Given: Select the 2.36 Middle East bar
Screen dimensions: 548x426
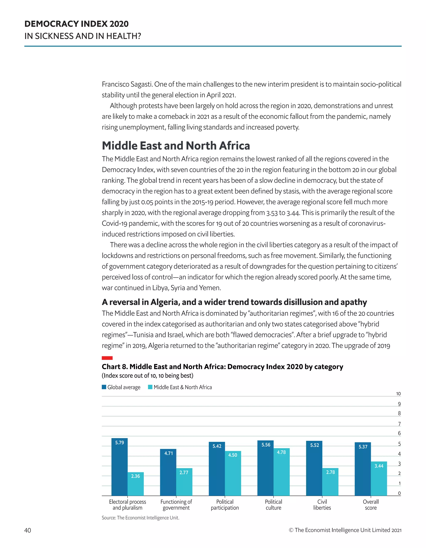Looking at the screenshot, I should point(135,485).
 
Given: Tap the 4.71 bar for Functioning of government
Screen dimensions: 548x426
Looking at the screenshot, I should point(168,473).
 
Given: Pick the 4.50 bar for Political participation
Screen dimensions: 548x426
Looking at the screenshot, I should point(233,474).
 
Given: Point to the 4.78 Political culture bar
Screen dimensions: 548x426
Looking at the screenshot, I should point(281,472).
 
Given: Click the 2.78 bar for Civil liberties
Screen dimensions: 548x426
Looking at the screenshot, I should point(330,482).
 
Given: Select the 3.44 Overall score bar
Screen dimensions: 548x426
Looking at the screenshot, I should point(379,479).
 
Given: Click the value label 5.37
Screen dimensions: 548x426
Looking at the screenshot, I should point(363,447).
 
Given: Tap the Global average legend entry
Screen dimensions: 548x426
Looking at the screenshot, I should point(121,387).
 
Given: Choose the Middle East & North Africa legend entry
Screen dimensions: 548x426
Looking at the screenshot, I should point(180,387).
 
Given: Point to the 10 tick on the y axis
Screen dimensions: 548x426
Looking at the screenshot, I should point(398,394).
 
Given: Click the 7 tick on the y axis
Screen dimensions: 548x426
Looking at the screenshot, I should point(399,424).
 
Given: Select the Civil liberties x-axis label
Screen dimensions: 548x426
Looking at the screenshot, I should point(322,505).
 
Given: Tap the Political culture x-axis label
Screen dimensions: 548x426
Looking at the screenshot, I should point(273,505).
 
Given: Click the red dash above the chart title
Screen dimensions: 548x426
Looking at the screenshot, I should point(107,358).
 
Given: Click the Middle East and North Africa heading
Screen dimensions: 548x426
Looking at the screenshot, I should point(176,145).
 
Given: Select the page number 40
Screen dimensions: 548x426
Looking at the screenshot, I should point(28,530).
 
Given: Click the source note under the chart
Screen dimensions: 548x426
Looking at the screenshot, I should point(140,518).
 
